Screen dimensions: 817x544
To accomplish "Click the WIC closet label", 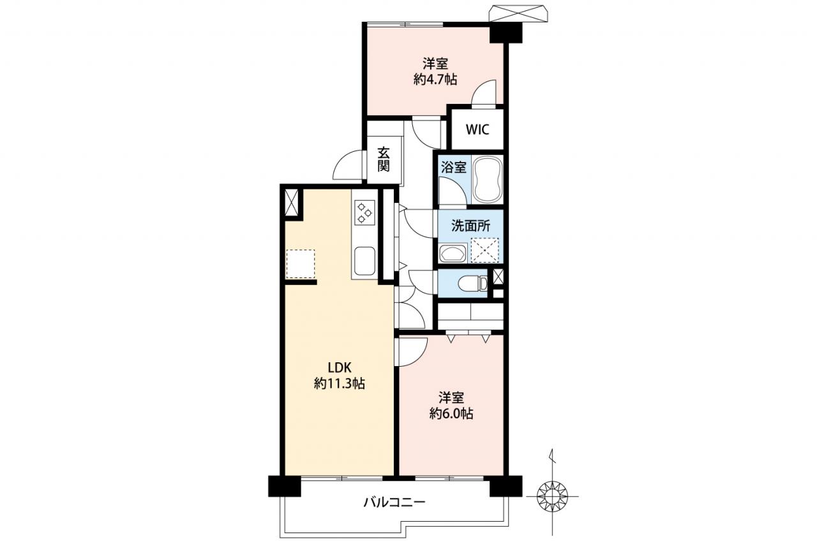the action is coord(477,129).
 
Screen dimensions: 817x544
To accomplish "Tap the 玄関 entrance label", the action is coord(384,159).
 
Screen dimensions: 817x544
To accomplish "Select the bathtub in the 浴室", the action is coord(488,179).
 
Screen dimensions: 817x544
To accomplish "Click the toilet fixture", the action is coord(472,283).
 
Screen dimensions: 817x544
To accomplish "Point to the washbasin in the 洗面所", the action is coord(453,253).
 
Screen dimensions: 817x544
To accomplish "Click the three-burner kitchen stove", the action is coord(364,212).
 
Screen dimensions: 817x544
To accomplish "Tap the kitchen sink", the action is coord(364,261).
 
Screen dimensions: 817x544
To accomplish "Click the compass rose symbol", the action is coord(553,496).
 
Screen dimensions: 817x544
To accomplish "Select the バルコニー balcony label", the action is coord(394,503).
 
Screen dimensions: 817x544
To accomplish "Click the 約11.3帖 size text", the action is coord(339,383).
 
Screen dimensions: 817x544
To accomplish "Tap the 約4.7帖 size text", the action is coord(435,79).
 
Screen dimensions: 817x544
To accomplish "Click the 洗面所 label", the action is coord(471,226).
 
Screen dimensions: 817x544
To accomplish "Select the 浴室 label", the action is coord(453,168).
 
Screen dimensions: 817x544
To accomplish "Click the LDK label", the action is coord(339,367).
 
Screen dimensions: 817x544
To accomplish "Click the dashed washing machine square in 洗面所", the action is coord(484,250).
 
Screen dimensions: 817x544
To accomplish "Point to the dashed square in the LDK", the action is coord(300,264).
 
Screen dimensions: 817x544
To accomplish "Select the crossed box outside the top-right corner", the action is coord(518,13).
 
